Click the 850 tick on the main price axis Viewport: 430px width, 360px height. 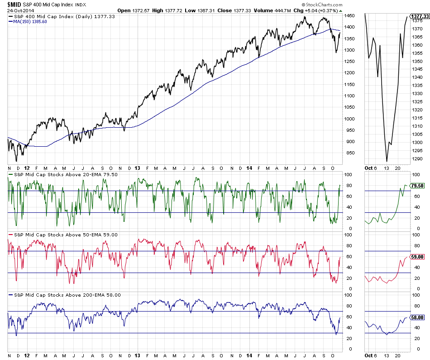349,153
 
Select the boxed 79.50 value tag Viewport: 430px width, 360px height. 416,185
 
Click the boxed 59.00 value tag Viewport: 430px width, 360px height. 416,257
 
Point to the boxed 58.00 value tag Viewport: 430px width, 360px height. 416,317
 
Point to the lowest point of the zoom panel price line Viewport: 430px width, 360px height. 387,161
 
